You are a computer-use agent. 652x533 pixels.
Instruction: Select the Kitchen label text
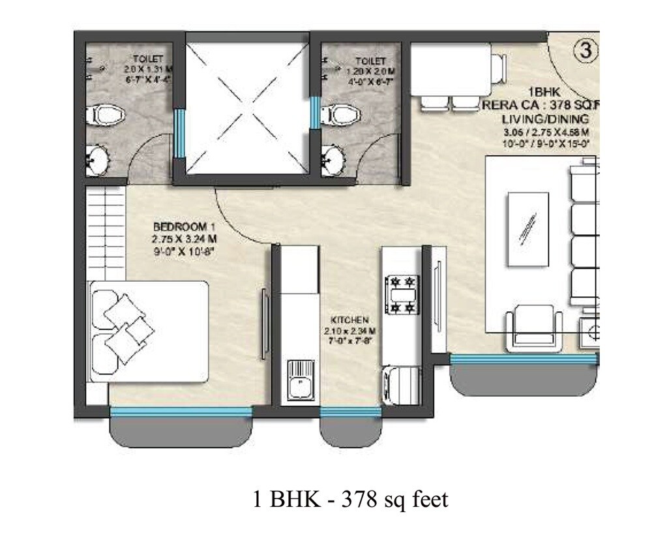click(350, 320)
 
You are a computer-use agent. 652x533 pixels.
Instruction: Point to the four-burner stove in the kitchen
click(401, 294)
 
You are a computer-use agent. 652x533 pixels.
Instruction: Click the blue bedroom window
click(181, 411)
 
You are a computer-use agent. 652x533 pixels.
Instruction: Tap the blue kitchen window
click(350, 411)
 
